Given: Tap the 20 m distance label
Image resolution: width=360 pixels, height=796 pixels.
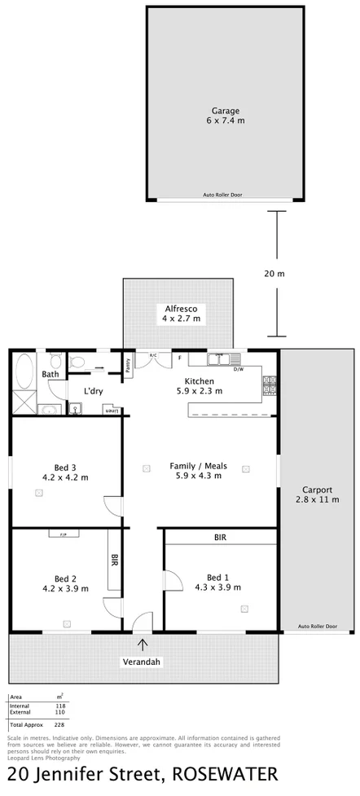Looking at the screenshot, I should [275, 274].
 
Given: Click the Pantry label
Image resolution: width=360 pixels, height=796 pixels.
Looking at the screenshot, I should [128, 364].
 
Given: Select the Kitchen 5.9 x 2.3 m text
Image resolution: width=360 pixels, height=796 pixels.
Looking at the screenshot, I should [199, 386].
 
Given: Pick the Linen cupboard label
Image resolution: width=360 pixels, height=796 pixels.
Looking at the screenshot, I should [112, 411].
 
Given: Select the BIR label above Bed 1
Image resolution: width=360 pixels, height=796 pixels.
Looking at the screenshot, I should [220, 538].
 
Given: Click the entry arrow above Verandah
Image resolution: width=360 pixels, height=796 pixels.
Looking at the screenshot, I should [143, 644].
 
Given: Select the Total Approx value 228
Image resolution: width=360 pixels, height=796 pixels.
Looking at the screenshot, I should [60, 724].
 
